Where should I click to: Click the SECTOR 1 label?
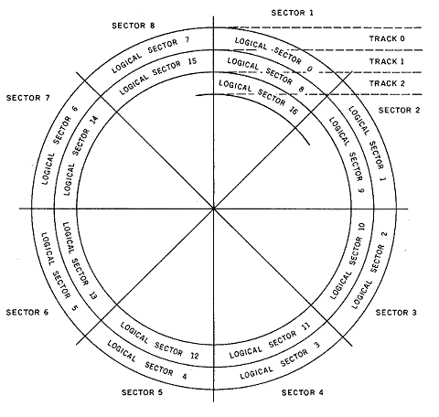point(292,13)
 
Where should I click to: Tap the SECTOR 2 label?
point(399,110)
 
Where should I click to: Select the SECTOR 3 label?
point(396,313)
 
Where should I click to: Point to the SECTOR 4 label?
point(302,392)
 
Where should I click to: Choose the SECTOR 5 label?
point(142,392)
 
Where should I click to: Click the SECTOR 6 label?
point(27,313)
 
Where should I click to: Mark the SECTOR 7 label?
point(27,98)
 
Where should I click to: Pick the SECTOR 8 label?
point(134,26)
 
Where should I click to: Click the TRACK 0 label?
point(387,38)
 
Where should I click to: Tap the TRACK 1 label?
point(387,61)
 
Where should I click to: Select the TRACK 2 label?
point(387,83)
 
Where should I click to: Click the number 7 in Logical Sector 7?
point(187,40)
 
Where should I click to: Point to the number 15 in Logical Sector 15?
point(192,61)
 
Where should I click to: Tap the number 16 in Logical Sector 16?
point(293,110)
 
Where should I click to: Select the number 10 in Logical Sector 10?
point(361,227)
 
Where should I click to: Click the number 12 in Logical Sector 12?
point(195,356)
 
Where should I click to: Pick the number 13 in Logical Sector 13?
point(93,294)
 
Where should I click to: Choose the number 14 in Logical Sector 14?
point(94,120)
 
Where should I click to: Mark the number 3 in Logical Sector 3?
point(317,345)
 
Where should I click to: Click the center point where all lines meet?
point(214,208)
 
